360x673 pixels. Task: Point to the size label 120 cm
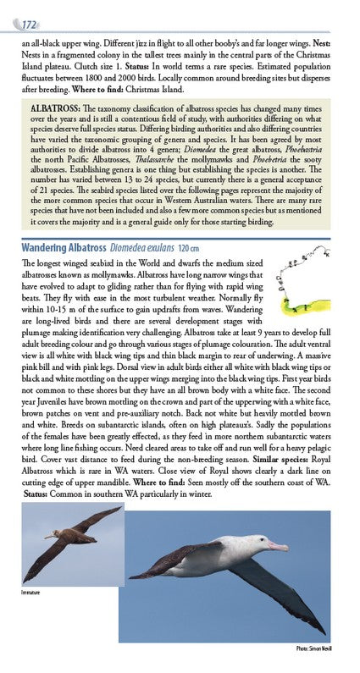coord(190,247)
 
